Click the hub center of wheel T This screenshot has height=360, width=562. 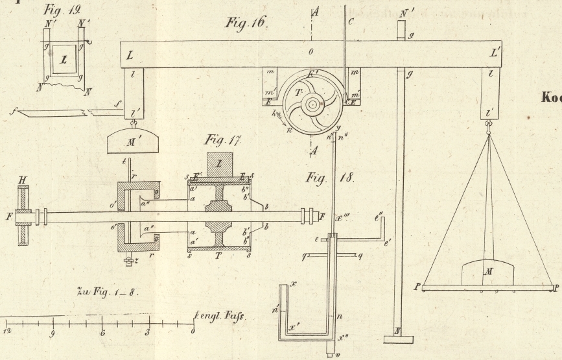coord(312,103)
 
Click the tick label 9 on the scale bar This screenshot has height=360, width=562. coord(53,334)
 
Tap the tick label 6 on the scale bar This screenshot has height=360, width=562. coord(102,333)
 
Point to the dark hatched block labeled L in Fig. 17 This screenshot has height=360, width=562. coord(220,165)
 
